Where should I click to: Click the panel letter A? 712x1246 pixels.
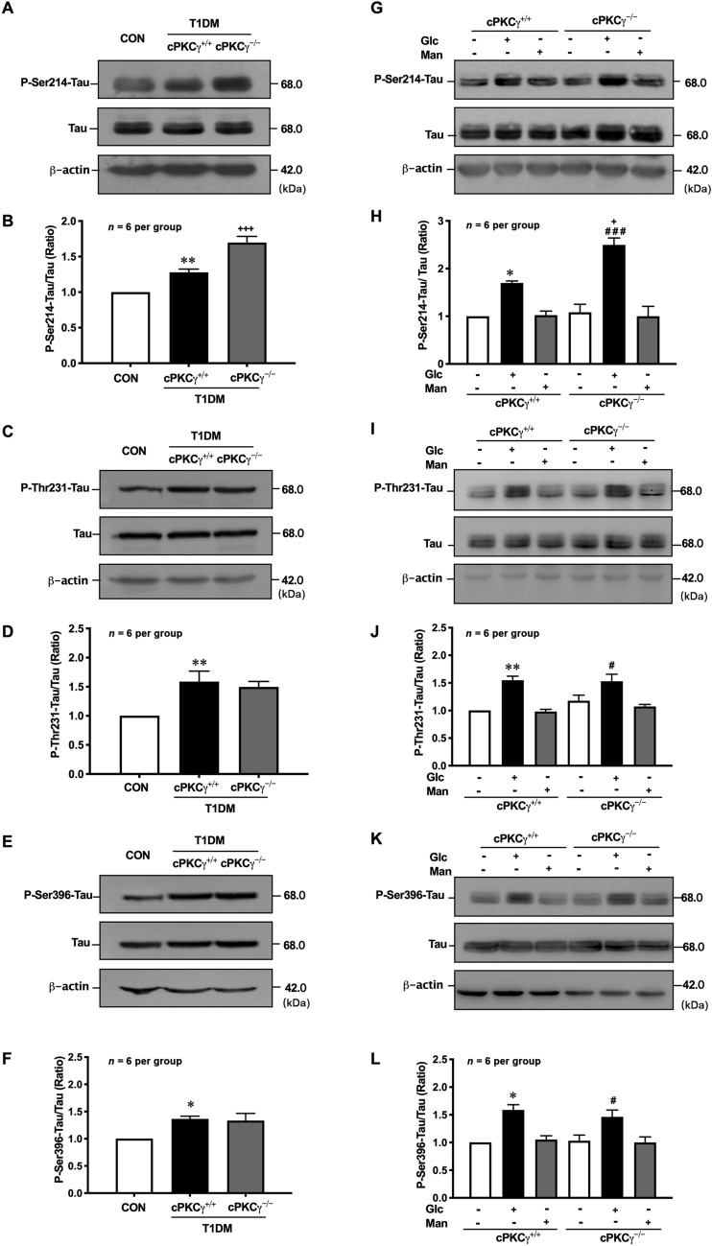11,11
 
